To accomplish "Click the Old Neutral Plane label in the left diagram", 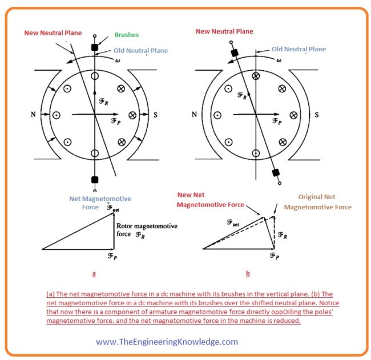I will point(139,51).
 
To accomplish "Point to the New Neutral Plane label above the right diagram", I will point(224,31).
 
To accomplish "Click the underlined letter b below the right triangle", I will point(248,273).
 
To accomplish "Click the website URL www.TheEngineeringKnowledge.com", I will point(167,342).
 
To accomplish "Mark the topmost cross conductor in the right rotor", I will point(256,76).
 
